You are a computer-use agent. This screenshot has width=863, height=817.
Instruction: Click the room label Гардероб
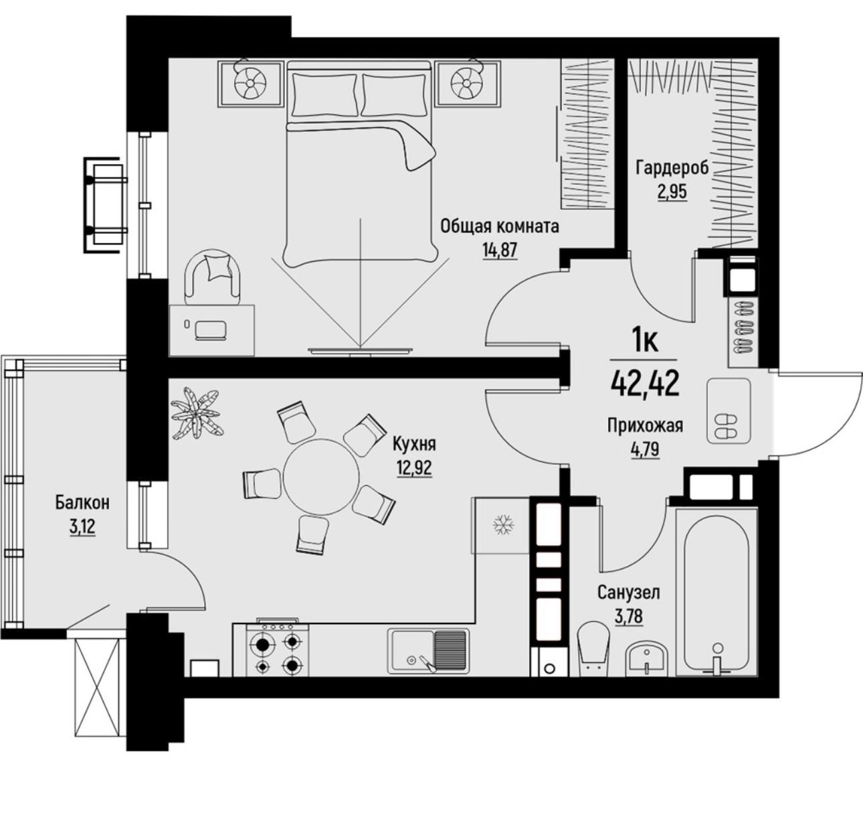[x=672, y=168]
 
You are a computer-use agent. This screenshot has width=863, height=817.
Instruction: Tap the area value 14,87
[x=500, y=250]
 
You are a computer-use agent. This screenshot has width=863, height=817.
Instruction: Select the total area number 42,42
[x=645, y=383]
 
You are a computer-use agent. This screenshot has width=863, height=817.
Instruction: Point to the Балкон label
[x=82, y=502]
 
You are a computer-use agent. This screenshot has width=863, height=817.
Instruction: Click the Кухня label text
[x=414, y=444]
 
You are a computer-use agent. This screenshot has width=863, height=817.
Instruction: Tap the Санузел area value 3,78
[x=629, y=615]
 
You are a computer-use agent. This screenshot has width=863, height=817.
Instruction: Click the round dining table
[x=321, y=476]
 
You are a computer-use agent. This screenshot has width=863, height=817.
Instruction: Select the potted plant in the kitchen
[x=197, y=414]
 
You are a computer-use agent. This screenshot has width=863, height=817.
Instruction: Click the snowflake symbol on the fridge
[x=504, y=525]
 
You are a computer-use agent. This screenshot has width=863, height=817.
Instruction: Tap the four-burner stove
[x=278, y=648]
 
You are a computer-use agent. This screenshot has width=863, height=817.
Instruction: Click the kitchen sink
[x=428, y=652]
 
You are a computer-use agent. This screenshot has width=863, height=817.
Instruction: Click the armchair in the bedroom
[x=214, y=277]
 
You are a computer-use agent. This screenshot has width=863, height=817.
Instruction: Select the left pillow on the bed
[x=324, y=95]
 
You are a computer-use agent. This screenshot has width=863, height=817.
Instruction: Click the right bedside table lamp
[x=467, y=84]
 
